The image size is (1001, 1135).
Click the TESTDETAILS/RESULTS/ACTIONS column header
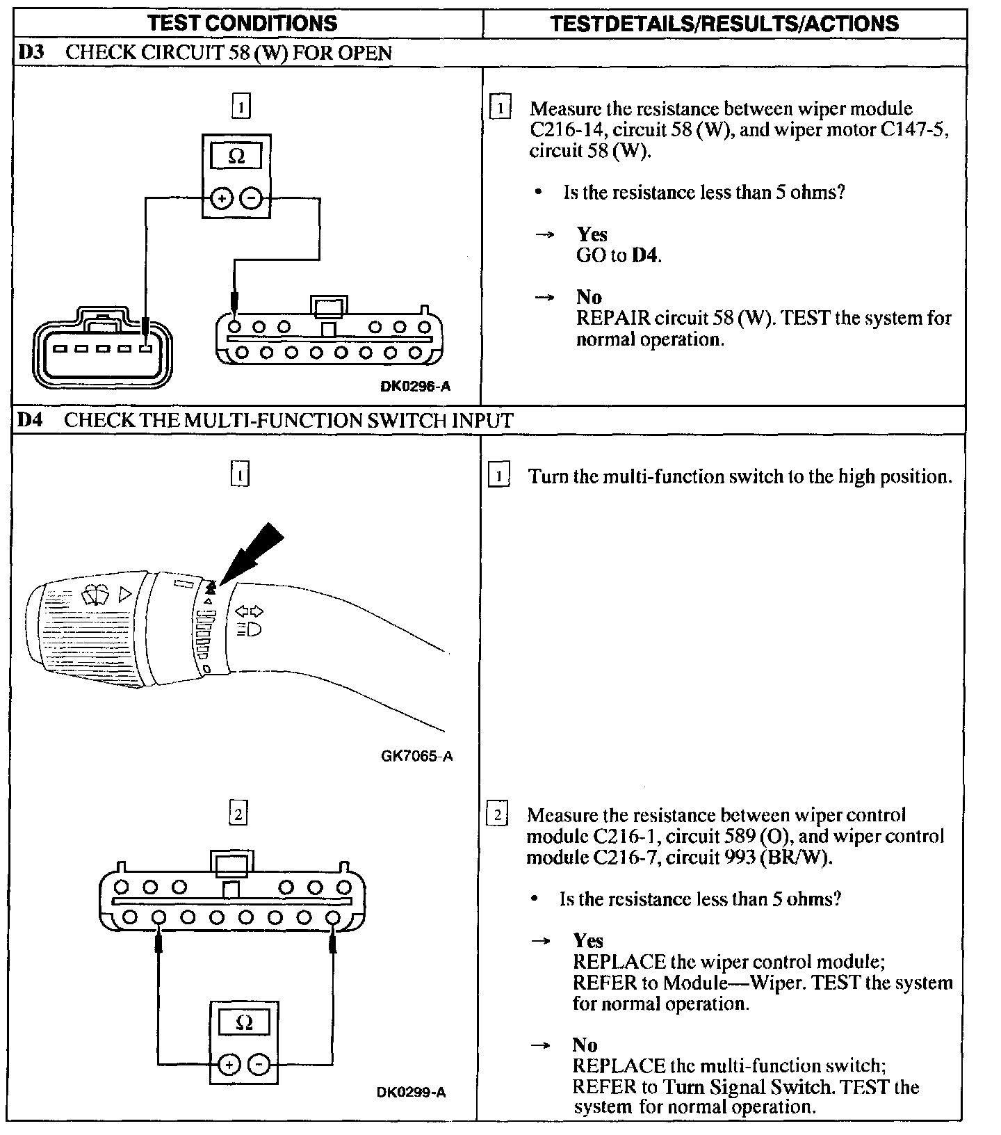(724, 23)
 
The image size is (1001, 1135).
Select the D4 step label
(29, 421)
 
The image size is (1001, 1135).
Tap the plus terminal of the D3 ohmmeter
(222, 200)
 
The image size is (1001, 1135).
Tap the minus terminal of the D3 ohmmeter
(251, 200)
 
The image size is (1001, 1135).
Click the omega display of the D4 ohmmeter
(244, 1022)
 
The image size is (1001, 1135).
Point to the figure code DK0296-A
(415, 386)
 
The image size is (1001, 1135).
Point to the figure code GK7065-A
(416, 755)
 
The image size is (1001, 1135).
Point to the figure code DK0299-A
(412, 1092)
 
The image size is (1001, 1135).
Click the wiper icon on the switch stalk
(95, 595)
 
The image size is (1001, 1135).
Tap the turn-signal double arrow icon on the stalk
(249, 611)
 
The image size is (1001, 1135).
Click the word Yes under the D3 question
(592, 234)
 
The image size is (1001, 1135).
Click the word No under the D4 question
(585, 1045)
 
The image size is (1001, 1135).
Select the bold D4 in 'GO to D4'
(644, 255)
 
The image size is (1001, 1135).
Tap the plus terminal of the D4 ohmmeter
(229, 1064)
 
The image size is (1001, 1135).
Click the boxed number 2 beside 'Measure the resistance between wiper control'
(497, 814)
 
